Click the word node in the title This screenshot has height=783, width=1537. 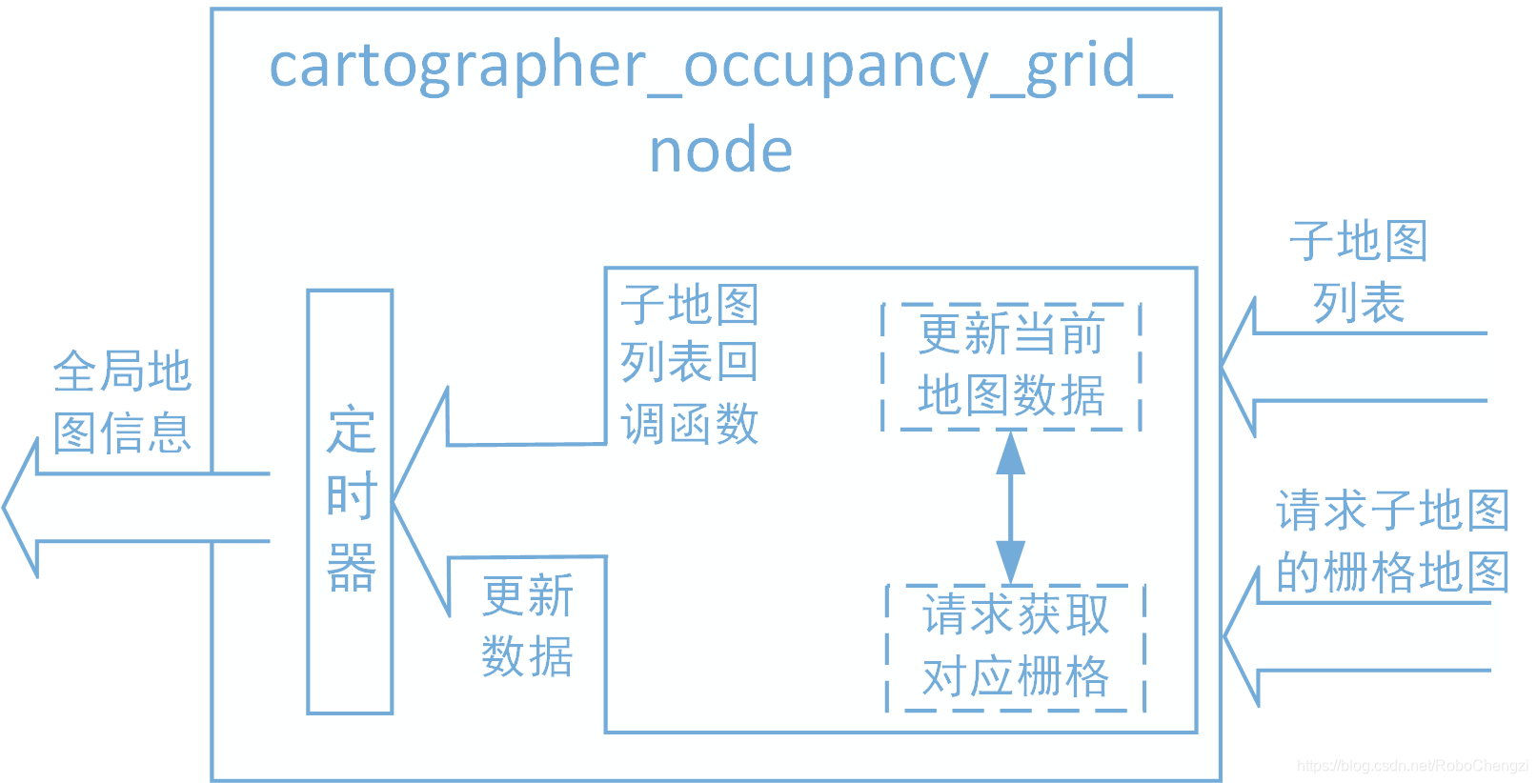click(720, 151)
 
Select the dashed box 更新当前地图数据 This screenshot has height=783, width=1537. click(1011, 366)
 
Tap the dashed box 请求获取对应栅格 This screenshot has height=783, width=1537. click(1016, 647)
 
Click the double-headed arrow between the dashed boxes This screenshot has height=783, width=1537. click(1011, 507)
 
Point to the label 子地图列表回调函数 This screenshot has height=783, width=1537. click(690, 364)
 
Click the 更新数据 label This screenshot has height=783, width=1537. click(527, 626)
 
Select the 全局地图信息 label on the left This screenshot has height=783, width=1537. click(122, 402)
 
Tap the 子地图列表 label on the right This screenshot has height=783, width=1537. click(1358, 271)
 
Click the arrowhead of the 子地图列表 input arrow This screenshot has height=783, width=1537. click(1238, 367)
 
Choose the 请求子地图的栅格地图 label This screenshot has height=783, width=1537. click(1392, 541)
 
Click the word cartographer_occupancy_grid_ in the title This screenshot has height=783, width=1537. click(720, 65)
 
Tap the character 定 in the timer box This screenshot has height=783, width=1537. click(351, 431)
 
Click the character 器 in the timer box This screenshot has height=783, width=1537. click(351, 568)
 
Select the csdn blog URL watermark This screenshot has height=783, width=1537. click(1412, 766)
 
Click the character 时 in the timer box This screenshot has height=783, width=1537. click(351, 497)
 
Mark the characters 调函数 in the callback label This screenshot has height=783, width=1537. click(690, 424)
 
